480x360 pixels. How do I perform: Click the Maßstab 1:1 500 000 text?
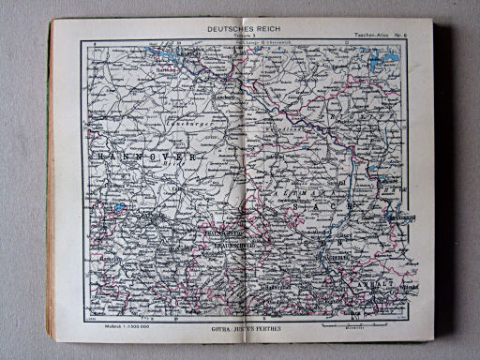coord(116,324)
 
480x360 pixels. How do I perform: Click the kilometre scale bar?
coord(356,325)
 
